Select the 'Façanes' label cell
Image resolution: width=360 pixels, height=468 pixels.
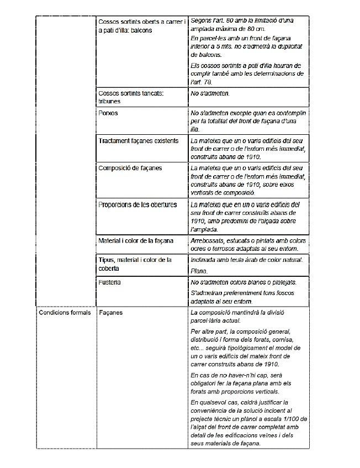pos(110,313)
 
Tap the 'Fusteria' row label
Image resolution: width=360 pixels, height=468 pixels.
pos(109,282)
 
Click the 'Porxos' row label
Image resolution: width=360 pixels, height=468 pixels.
pos(108,113)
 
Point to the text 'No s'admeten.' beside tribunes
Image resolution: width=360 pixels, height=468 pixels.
pos(210,94)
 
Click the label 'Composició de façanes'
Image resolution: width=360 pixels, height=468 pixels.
pos(130,168)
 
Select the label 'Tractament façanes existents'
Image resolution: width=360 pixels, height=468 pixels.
pos(138,141)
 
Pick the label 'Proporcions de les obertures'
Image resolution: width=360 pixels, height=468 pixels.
pos(137,204)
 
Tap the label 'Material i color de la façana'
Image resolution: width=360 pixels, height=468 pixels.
pos(135,240)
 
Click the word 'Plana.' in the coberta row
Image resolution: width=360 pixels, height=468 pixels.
pos(199,271)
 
